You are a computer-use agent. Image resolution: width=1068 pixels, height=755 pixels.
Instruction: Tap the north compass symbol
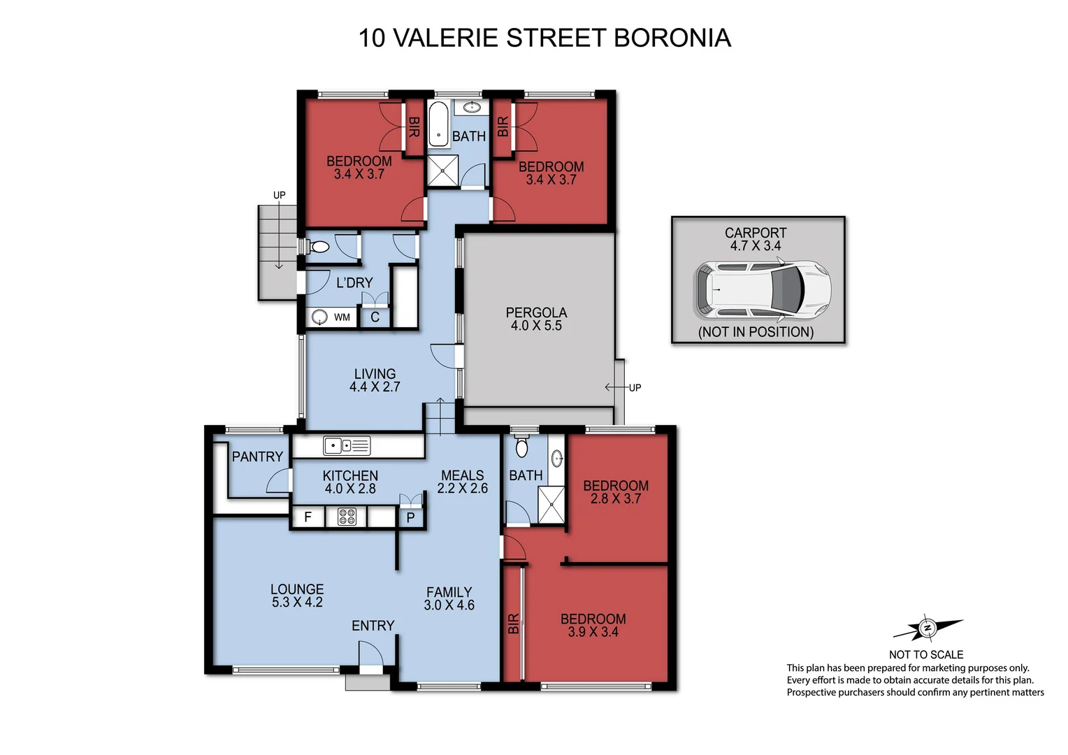[928, 628]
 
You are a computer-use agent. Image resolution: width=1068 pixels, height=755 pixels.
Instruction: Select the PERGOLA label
[536, 313]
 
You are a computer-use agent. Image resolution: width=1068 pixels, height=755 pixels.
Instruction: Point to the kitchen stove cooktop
[347, 517]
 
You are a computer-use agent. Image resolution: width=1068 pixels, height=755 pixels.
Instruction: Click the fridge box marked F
[308, 518]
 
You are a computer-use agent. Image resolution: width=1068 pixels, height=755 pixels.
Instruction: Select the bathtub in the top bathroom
[438, 124]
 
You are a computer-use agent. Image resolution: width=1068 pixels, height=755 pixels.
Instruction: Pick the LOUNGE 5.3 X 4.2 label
[297, 596]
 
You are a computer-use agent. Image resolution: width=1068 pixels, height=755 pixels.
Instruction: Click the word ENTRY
[373, 626]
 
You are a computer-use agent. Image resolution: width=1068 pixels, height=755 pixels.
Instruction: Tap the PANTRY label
[257, 456]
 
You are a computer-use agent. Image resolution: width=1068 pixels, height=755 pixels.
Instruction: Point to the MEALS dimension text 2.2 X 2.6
[462, 489]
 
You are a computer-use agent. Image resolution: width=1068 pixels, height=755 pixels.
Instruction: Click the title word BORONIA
[672, 38]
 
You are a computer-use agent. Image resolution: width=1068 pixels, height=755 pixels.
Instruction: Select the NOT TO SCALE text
[925, 654]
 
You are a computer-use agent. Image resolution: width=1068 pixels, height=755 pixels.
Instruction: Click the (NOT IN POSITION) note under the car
[756, 332]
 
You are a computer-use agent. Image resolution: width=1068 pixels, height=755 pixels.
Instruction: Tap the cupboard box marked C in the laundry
[375, 317]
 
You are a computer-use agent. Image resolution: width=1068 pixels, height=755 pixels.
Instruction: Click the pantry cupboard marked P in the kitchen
[411, 518]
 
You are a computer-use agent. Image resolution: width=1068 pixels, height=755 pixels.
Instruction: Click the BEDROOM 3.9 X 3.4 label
[593, 625]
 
